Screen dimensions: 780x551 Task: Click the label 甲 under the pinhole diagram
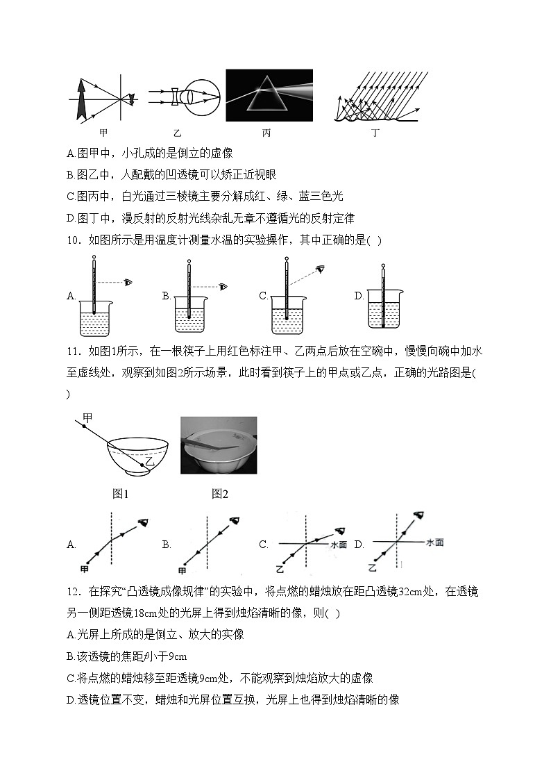(x=103, y=133)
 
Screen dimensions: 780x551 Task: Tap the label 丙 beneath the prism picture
(x=266, y=133)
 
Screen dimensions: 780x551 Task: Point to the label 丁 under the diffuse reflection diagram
(x=375, y=133)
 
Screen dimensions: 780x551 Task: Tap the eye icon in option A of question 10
(x=128, y=282)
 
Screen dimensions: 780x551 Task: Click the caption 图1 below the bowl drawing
(x=121, y=494)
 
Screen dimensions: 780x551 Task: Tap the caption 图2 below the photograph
(x=220, y=494)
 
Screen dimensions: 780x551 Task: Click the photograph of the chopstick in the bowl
(x=219, y=445)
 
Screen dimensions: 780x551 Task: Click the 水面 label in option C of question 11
(x=338, y=545)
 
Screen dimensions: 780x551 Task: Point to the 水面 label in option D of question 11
(x=435, y=542)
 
